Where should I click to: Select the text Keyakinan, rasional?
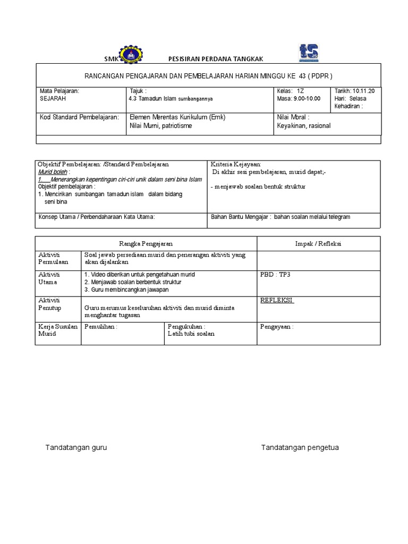click(303, 126)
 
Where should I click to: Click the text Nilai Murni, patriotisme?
click(161, 126)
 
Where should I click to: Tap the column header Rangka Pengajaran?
click(146, 243)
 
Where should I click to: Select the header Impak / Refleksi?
click(318, 243)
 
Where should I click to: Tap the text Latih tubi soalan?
click(191, 334)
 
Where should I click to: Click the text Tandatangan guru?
click(76, 447)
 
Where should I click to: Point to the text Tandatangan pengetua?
click(300, 447)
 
